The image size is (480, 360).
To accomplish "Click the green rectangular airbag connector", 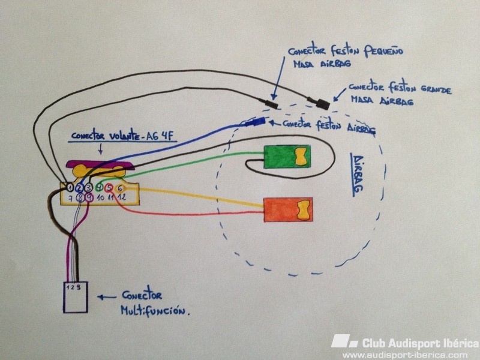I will [287, 157].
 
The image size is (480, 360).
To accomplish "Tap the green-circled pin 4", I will [100, 187].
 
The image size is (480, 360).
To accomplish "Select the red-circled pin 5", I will [109, 187].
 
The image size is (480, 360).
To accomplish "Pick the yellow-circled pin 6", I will [120, 187].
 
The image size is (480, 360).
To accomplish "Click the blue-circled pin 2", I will [80, 187].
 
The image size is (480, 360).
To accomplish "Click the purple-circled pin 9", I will [89, 197].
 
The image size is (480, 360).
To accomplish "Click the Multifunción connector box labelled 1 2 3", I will [76, 296].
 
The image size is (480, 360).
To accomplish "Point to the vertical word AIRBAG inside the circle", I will [359, 174].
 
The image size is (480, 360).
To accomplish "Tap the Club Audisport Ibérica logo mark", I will [344, 341].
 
